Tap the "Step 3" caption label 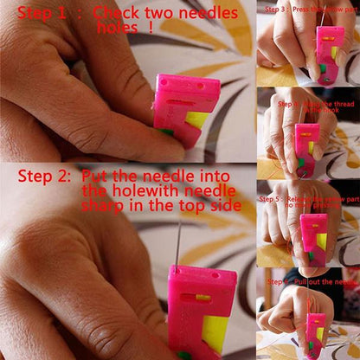coord(276,8)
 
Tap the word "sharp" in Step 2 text coord(103,208)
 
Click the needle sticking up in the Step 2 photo coord(178,242)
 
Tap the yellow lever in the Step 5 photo coord(322,241)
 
